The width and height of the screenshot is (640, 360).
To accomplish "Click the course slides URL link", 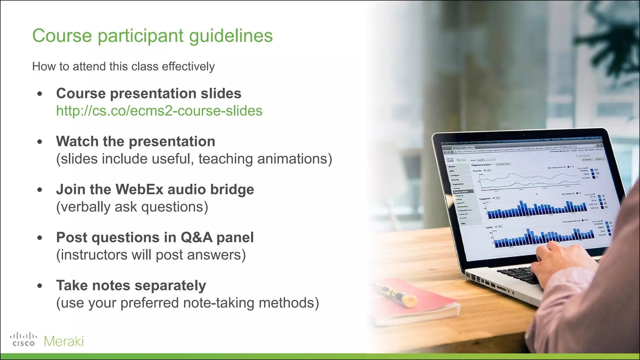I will click(159, 111).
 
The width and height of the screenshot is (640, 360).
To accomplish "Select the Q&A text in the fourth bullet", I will click(197, 237).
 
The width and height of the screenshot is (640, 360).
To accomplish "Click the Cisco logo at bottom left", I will click(23, 340).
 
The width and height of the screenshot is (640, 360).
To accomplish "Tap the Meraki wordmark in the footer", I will click(64, 341).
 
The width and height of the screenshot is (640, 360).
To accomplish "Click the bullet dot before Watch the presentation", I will click(40, 142).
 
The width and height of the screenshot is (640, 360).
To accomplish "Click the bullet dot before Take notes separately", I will click(40, 286).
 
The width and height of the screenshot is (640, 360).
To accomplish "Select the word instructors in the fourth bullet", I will click(92, 255).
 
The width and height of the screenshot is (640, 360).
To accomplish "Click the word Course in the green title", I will click(62, 36).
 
